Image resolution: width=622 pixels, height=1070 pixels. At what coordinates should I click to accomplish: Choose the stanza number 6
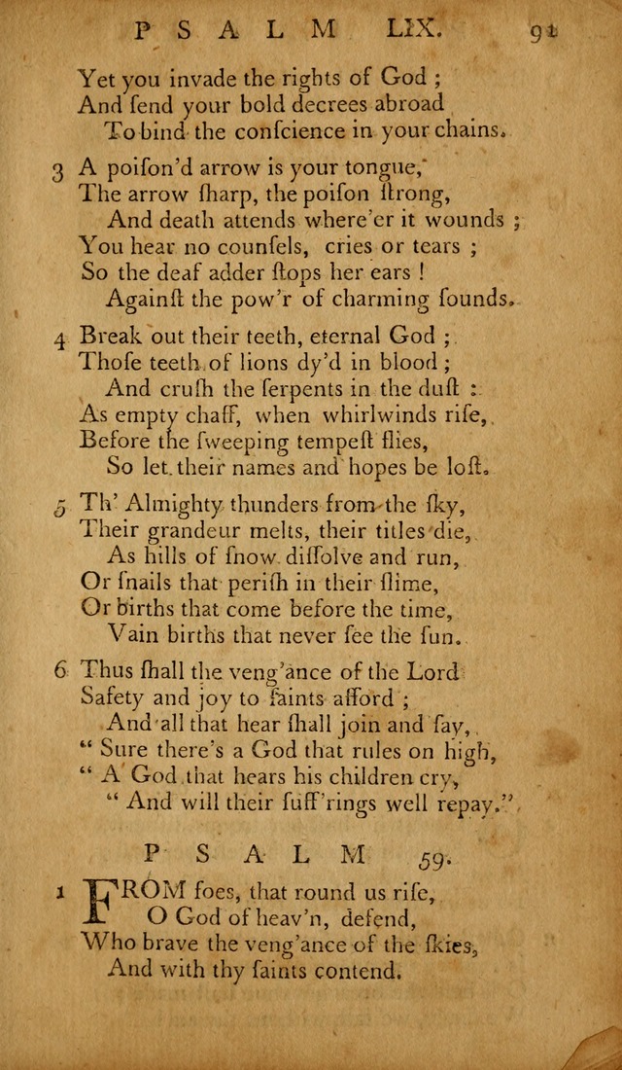(59, 670)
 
